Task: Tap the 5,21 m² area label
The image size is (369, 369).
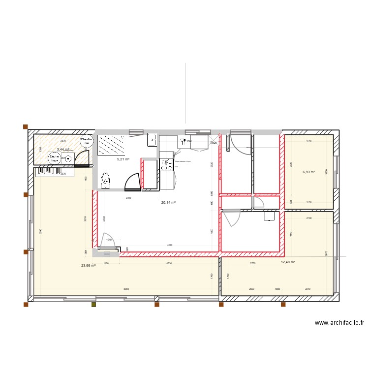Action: coord(123,159)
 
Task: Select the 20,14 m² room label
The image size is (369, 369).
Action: coord(169,202)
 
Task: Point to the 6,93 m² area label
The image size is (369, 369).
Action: coord(308,172)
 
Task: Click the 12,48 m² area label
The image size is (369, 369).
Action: coord(288,262)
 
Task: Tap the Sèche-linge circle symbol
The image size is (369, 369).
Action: coord(55,158)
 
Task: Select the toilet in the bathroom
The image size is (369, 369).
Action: coord(104,181)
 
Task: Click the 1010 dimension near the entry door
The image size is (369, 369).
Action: coord(109,240)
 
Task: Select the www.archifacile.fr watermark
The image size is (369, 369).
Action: coord(339,323)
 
